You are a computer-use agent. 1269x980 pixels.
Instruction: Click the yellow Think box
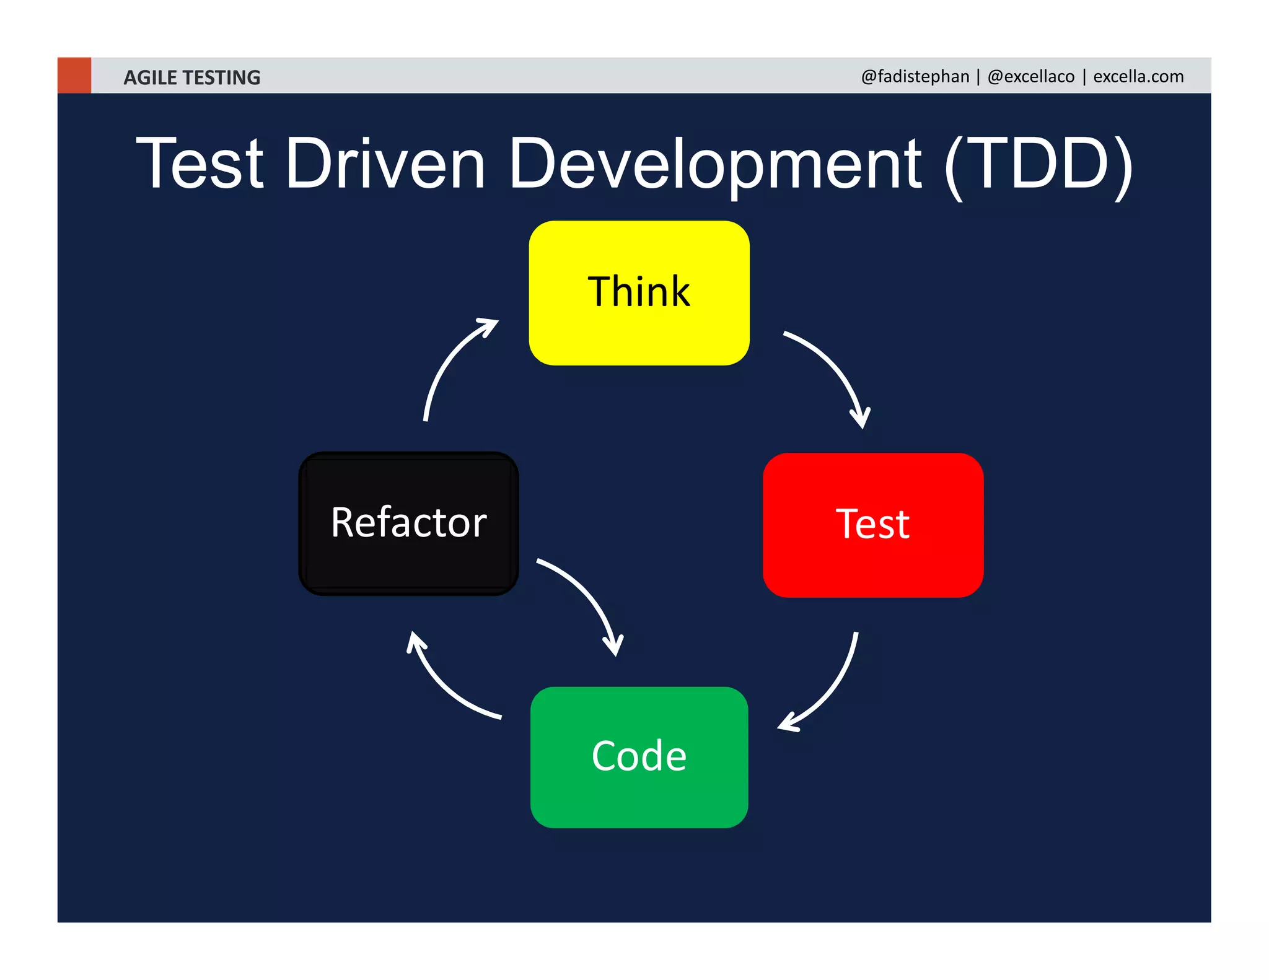(639, 292)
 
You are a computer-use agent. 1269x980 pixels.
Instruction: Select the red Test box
(872, 525)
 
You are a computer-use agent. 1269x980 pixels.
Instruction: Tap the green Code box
(639, 756)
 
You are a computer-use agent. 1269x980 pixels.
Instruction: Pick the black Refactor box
(408, 523)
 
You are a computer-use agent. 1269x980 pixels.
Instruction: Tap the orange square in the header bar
(74, 76)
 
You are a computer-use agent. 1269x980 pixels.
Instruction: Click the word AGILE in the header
(150, 77)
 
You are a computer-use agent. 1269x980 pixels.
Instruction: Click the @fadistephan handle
(915, 76)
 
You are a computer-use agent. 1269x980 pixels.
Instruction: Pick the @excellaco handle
(1030, 76)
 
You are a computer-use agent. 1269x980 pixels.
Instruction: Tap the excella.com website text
(1138, 76)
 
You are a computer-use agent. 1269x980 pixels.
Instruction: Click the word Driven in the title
(385, 164)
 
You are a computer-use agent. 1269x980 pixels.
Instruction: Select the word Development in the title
(715, 164)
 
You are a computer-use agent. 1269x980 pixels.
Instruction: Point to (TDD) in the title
(1038, 164)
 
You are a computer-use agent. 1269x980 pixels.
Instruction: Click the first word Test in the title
(200, 164)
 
